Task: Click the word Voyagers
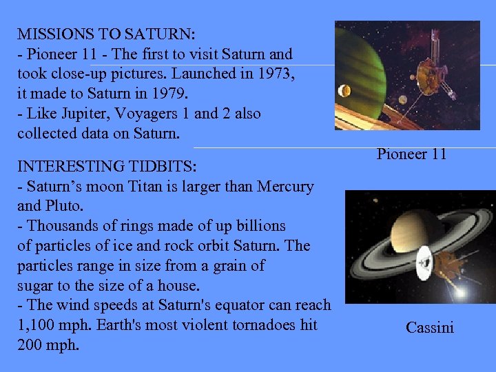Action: tap(138, 114)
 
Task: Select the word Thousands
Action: tap(59, 226)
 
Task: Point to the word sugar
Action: tap(36, 285)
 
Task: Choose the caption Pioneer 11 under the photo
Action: tap(411, 154)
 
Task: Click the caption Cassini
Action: tap(430, 328)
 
